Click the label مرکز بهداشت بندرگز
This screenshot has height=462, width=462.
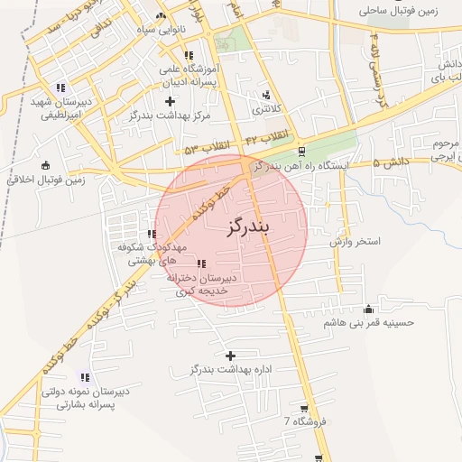tap(170, 115)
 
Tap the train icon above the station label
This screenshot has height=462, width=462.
tap(300, 152)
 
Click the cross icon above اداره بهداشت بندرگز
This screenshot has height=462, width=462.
tap(230, 356)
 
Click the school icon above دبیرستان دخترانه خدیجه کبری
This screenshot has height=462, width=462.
tap(200, 264)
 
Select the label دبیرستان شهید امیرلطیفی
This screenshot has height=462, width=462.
tap(55, 109)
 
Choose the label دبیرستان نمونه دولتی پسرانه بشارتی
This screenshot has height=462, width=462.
tap(84, 399)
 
